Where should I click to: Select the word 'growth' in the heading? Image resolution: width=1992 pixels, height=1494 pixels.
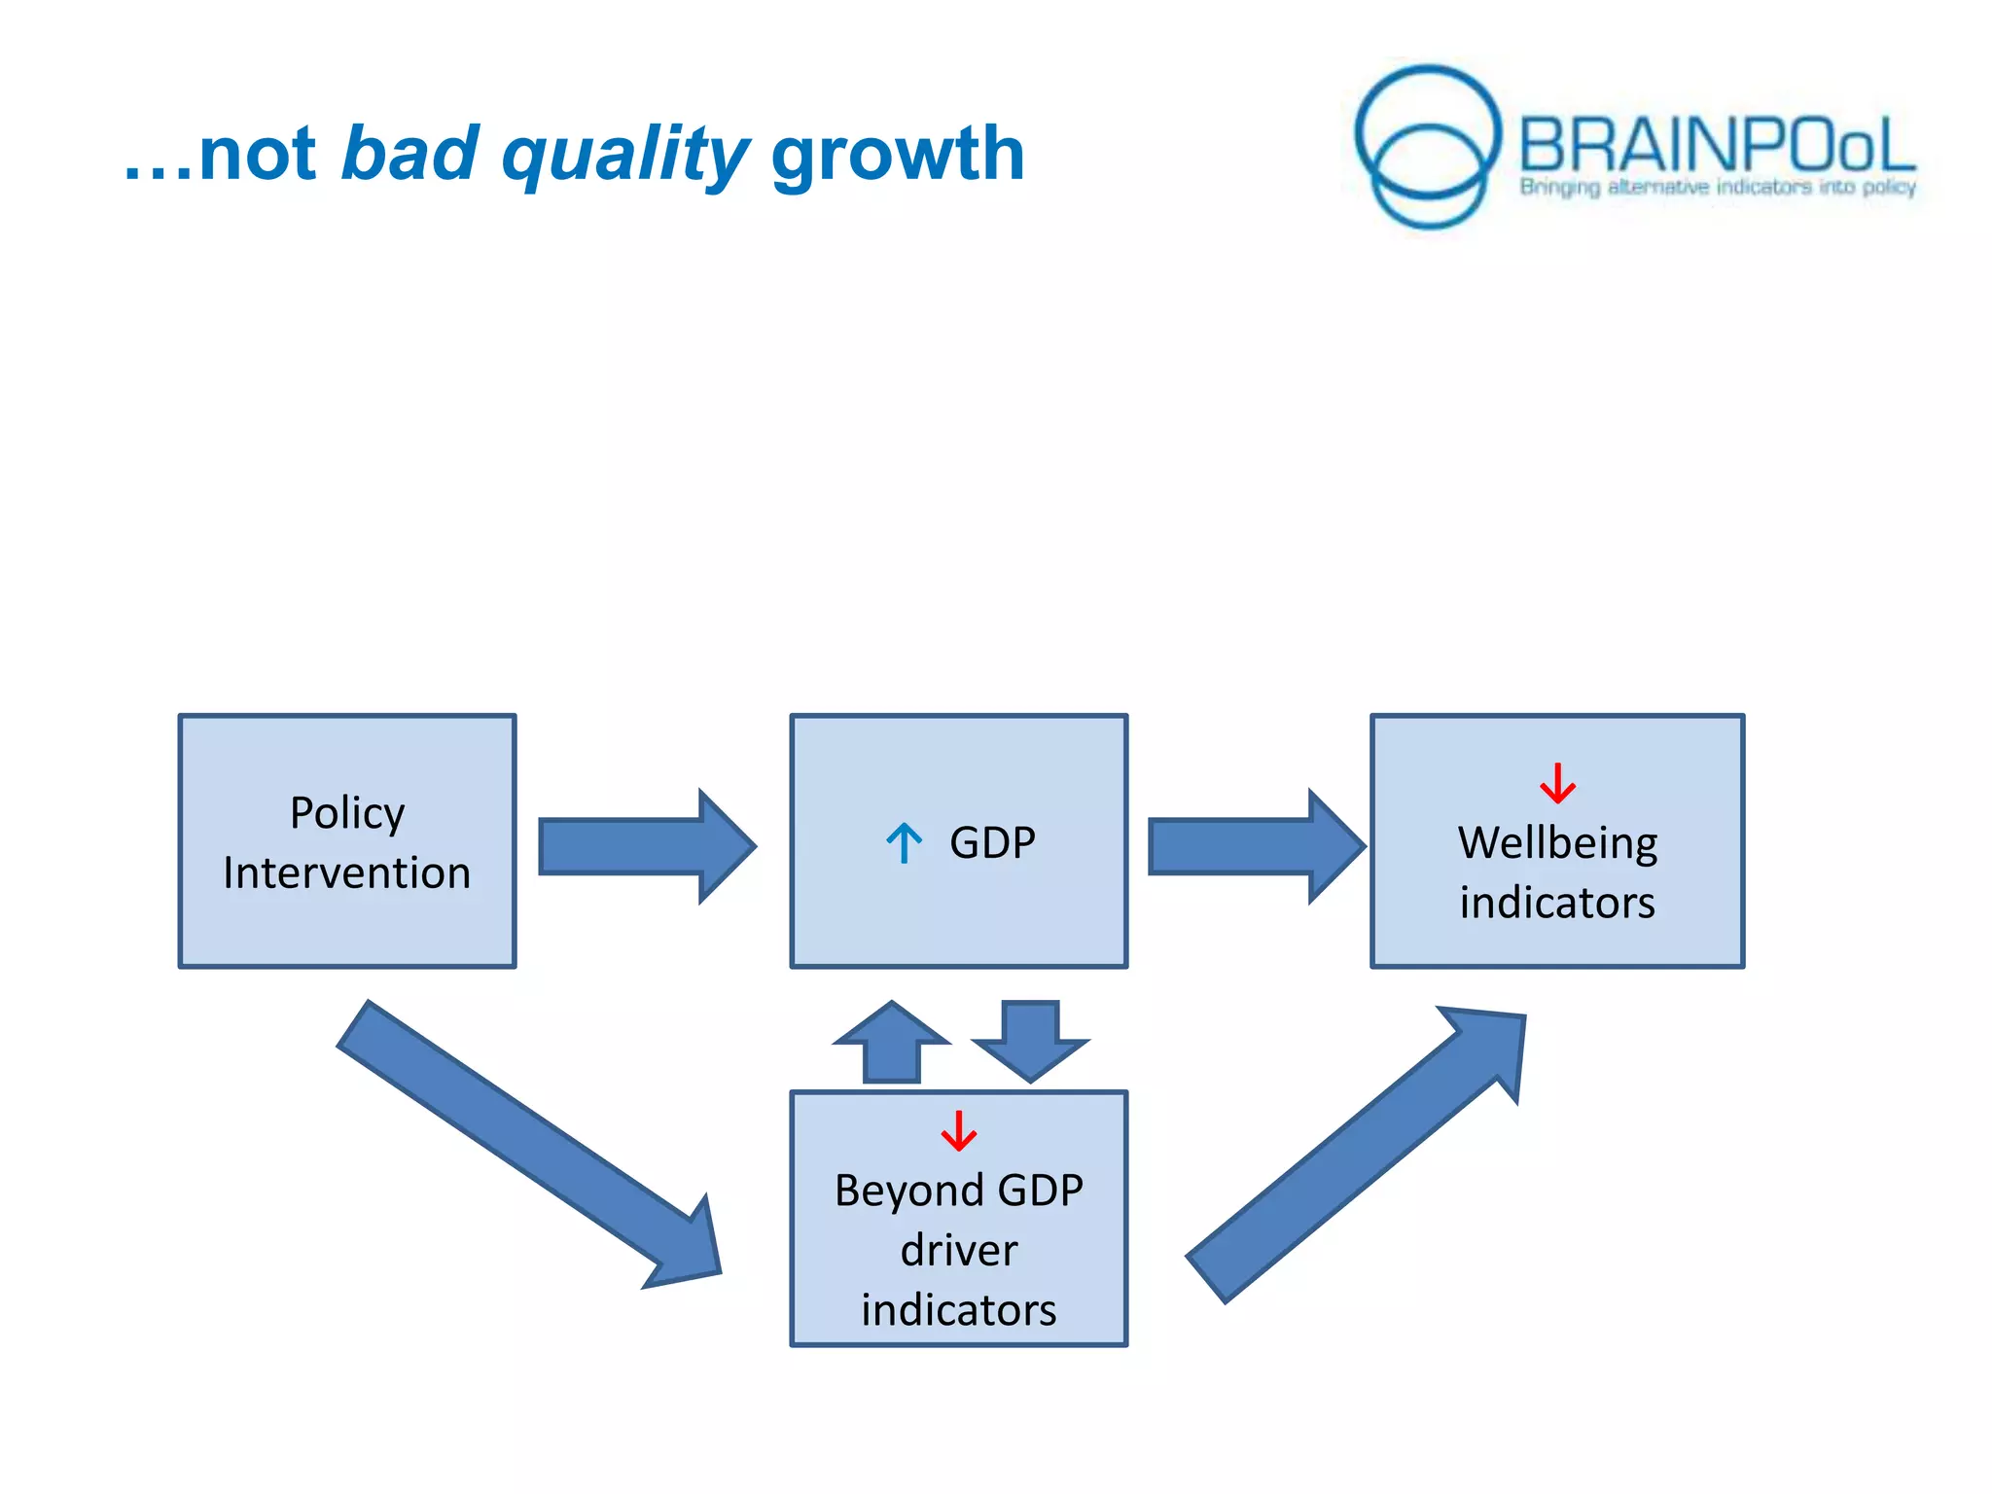(897, 156)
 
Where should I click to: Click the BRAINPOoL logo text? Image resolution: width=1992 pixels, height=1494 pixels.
(1716, 146)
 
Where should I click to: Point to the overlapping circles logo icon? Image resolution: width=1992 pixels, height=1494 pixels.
(1428, 146)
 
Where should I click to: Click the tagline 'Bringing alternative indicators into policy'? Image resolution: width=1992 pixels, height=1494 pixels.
(1718, 187)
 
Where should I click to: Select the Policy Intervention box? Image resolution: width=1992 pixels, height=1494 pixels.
(347, 840)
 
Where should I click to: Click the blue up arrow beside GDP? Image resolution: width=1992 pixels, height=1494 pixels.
(904, 843)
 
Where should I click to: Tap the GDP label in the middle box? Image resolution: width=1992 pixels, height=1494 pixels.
(992, 842)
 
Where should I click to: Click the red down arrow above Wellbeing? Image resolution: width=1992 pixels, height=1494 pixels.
(1557, 783)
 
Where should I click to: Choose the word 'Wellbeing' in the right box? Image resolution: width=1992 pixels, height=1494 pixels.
(1557, 842)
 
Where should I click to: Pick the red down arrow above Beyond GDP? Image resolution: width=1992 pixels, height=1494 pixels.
(958, 1130)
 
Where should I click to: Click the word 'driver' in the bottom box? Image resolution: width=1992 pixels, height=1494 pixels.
(958, 1250)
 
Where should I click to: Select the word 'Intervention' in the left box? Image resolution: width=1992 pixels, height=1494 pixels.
(347, 872)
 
